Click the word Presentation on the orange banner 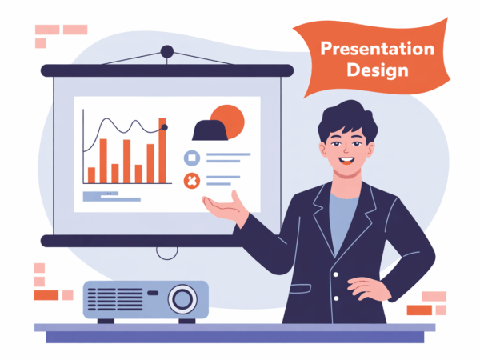tap(377, 49)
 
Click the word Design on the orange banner tap(378, 70)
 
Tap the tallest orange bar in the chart tap(162, 150)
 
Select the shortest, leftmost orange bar tap(91, 175)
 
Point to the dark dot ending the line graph tap(164, 127)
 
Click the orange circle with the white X tap(192, 181)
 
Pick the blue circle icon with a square tap(192, 158)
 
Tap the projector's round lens tap(182, 299)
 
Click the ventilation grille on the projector tap(115, 299)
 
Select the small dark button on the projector tap(153, 293)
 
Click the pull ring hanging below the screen tap(167, 254)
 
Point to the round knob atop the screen tap(167, 51)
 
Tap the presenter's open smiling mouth tap(347, 161)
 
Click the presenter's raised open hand tap(226, 208)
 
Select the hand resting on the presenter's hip tap(369, 288)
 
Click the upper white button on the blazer tap(335, 274)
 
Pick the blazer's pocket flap tap(300, 289)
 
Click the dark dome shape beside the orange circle tap(210, 130)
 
